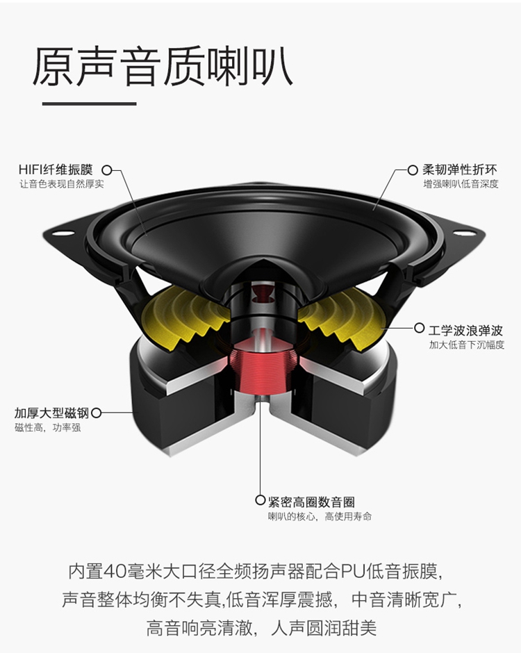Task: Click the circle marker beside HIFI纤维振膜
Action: click(x=107, y=170)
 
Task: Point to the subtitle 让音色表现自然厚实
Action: click(x=61, y=184)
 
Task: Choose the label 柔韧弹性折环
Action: click(x=460, y=170)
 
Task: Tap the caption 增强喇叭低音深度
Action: click(x=461, y=184)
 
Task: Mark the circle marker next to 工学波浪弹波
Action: click(x=420, y=327)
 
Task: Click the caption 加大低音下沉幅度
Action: click(x=465, y=344)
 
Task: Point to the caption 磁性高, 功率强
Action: click(x=47, y=428)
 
